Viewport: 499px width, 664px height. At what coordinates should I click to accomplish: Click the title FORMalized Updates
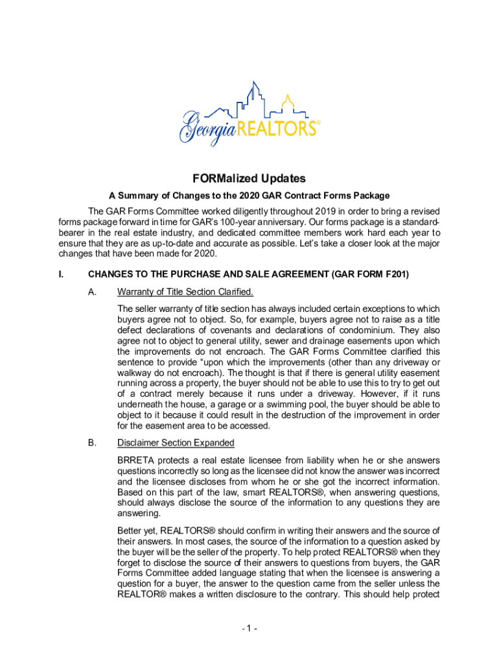click(x=249, y=178)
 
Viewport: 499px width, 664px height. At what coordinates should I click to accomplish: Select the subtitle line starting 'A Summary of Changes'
click(x=249, y=196)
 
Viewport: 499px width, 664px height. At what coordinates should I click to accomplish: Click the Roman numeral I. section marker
click(x=61, y=274)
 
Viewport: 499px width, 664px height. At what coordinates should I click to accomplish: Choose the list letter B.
click(x=92, y=443)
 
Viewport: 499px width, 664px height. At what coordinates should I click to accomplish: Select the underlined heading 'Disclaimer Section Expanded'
click(x=176, y=443)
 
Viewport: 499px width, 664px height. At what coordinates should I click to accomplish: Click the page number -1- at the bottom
click(x=249, y=628)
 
